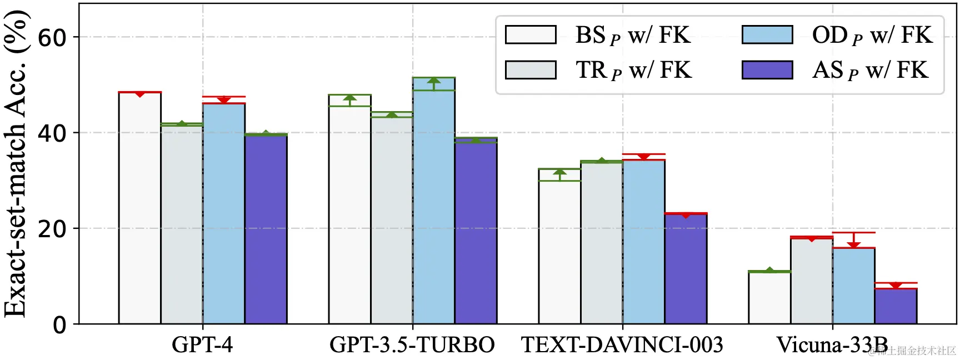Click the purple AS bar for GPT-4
point(266,229)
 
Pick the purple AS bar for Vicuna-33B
point(896,306)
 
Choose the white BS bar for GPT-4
point(140,208)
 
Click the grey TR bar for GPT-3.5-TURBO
point(392,220)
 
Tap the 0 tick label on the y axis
point(59,324)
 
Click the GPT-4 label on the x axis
point(202,345)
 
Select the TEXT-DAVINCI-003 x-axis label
point(622,345)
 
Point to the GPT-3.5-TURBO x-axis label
point(412,345)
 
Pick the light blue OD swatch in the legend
point(767,34)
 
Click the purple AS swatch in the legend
point(767,70)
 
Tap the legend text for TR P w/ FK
point(633,71)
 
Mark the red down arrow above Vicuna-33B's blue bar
point(854,244)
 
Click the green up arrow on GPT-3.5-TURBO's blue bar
point(434,82)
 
